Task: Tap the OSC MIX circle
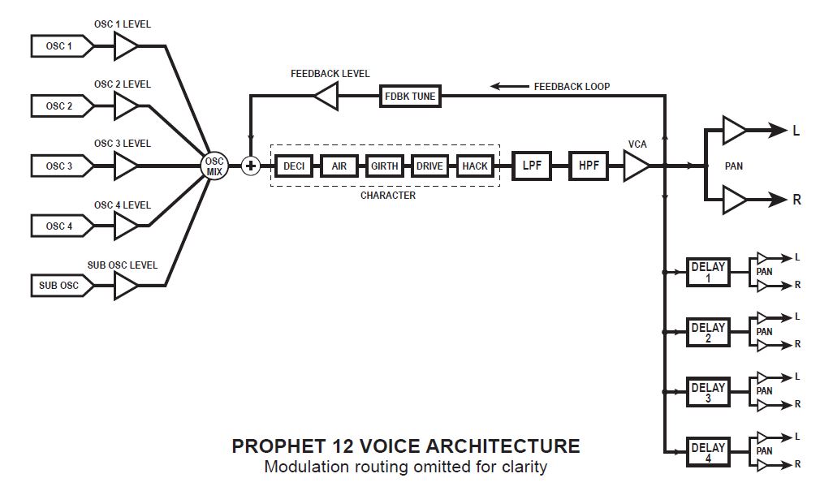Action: tap(214, 166)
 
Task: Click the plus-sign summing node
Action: tap(251, 166)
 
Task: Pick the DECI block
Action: tap(293, 166)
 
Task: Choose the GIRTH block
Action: tap(384, 166)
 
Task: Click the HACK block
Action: tap(475, 166)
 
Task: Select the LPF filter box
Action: tap(532, 166)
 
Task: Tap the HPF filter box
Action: tap(589, 166)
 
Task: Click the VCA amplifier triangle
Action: tap(636, 166)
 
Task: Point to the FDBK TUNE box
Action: tap(410, 97)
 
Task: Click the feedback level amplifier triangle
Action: tap(326, 97)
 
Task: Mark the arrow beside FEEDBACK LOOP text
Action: tap(507, 86)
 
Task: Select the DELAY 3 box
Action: tap(708, 393)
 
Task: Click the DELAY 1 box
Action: tap(708, 272)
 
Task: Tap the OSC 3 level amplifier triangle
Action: tap(125, 166)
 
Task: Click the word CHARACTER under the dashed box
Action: tap(387, 196)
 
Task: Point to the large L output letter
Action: tap(796, 130)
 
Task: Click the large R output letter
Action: tap(796, 200)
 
